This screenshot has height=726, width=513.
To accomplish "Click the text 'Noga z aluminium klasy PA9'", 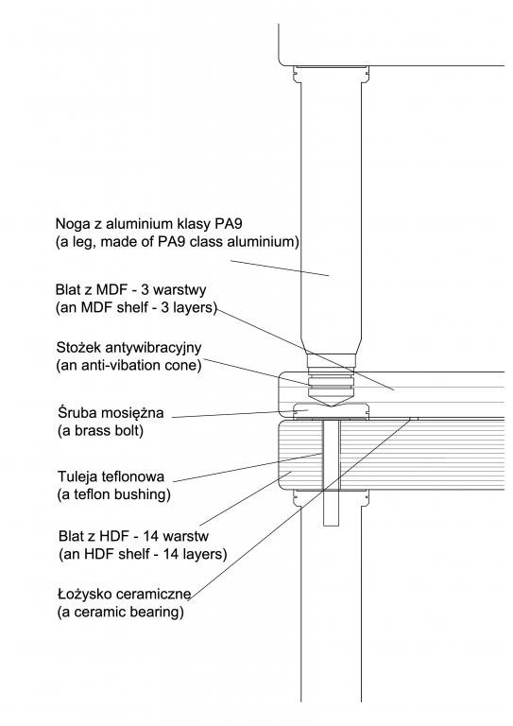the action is click(x=148, y=224).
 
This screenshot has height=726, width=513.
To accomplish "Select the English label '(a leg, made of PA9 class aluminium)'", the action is click(x=178, y=242).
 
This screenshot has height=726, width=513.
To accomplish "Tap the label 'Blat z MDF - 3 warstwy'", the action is click(x=131, y=290).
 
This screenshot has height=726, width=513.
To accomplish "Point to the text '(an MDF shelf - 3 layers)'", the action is click(x=136, y=308).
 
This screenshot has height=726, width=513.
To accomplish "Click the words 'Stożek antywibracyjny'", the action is click(x=129, y=347).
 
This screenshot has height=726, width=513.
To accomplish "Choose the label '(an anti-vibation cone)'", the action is click(x=129, y=365).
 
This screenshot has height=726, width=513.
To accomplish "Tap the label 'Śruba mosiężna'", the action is click(x=111, y=412).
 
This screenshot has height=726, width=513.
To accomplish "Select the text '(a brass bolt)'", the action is click(x=101, y=431).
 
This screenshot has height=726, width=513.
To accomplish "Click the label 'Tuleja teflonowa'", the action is click(x=111, y=476).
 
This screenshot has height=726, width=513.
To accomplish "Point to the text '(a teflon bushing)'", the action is click(x=114, y=494).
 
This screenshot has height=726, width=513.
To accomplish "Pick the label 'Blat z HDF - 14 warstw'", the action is click(x=134, y=536).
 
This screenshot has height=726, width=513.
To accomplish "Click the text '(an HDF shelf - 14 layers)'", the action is click(x=143, y=554).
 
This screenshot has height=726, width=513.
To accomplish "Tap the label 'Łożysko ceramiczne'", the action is click(x=125, y=594).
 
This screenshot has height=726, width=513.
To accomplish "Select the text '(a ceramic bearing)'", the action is click(x=121, y=613).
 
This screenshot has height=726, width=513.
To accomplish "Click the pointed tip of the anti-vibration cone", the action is click(x=331, y=406).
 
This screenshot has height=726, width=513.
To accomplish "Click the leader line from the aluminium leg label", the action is click(x=280, y=268).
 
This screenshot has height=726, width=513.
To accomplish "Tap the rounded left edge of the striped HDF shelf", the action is click(x=279, y=454).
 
